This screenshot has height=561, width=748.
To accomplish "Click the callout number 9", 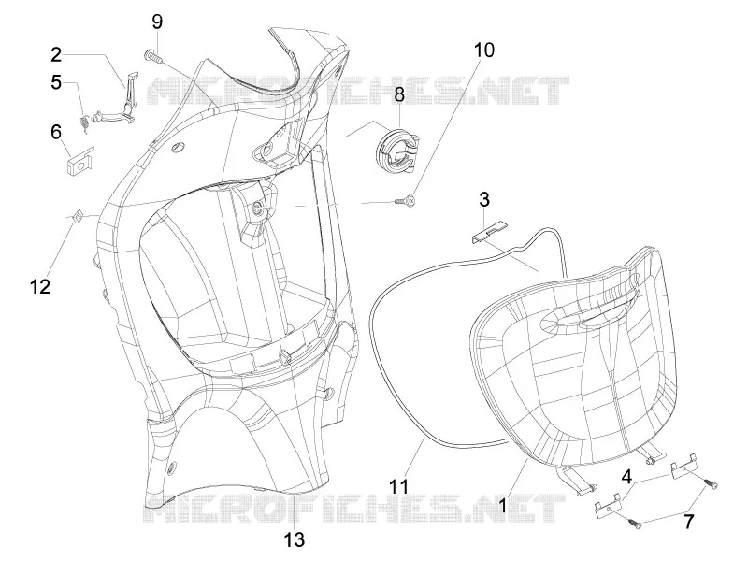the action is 157,22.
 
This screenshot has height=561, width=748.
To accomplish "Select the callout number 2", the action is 56,55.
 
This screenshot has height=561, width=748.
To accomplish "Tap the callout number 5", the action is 56,82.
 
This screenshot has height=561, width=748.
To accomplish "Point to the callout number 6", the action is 56,132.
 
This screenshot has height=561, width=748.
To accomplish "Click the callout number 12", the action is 39,287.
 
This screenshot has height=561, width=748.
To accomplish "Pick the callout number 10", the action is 484,50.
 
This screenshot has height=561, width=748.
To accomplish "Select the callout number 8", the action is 399,94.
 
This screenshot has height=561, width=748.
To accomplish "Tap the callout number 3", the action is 484,199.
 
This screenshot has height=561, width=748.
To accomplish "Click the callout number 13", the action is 295,540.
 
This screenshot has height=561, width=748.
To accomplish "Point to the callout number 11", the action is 398,486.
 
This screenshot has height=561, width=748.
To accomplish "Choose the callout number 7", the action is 688,522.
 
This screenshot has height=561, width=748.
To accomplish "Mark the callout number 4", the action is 626,477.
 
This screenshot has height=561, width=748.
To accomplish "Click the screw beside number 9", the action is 152,57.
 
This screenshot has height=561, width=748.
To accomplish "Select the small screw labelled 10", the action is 406,202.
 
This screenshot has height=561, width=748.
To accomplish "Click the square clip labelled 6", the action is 79,160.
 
